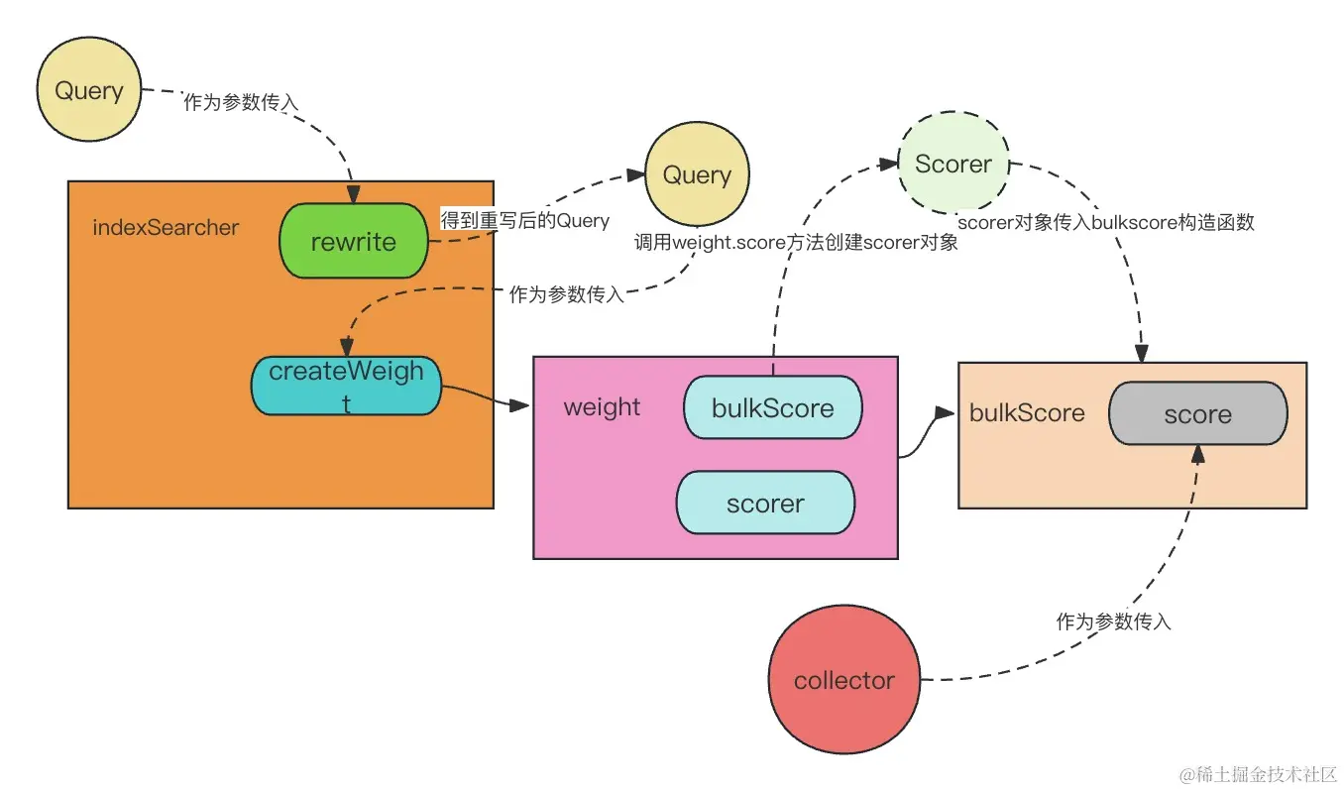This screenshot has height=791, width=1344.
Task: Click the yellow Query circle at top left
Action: pyautogui.click(x=89, y=91)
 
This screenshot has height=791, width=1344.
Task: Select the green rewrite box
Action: pyautogui.click(x=353, y=242)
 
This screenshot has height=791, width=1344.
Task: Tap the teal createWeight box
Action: pyautogui.click(x=346, y=386)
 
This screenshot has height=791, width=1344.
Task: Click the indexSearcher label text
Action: pyautogui.click(x=166, y=227)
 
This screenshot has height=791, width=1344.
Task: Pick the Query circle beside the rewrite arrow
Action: pyautogui.click(x=697, y=175)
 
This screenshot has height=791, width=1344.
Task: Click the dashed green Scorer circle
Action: pyautogui.click(x=952, y=165)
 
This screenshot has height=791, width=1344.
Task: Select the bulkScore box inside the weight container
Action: pyautogui.click(x=772, y=408)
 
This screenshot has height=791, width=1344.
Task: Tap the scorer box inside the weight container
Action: pyautogui.click(x=764, y=504)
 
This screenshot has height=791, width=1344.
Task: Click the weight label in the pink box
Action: pyautogui.click(x=602, y=407)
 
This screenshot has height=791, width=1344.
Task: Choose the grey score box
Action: pyautogui.click(x=1197, y=414)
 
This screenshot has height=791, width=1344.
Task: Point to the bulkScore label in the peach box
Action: pyautogui.click(x=1027, y=413)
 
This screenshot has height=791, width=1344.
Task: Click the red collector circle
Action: pyautogui.click(x=843, y=681)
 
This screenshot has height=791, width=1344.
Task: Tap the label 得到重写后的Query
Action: pyautogui.click(x=524, y=220)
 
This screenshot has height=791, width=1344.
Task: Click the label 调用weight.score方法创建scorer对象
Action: pyautogui.click(x=796, y=242)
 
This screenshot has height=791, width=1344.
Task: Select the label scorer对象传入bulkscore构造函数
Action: pyautogui.click(x=1106, y=223)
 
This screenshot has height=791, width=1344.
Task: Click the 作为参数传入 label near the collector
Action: pyautogui.click(x=1113, y=621)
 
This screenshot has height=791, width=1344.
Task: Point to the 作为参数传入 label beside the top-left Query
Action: pyautogui.click(x=241, y=103)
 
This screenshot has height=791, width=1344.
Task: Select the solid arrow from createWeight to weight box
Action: pyautogui.click(x=486, y=397)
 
